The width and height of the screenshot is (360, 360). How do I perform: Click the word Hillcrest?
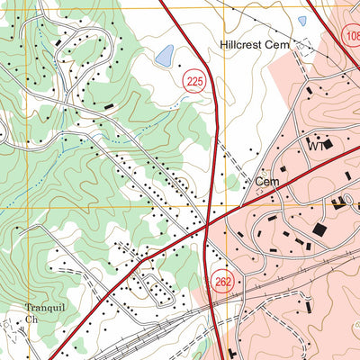[x=242, y=43]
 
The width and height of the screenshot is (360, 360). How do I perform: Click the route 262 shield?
[x=224, y=283]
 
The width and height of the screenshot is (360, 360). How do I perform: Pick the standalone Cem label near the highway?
[x=267, y=182]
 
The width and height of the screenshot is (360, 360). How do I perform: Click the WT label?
[x=315, y=145]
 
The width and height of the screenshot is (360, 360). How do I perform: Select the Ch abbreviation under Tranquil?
[x=31, y=319]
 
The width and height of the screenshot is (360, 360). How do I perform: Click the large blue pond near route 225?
[x=165, y=57]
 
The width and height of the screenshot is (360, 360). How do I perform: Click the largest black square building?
[x=319, y=230]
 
